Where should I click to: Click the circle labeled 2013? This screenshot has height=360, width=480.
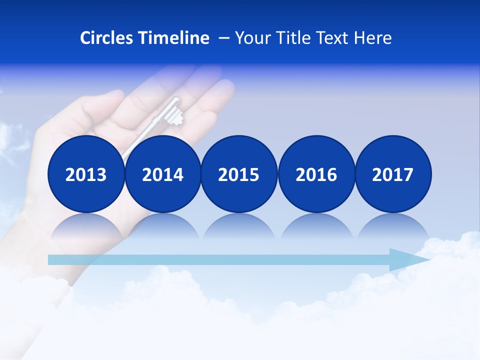click(86, 174)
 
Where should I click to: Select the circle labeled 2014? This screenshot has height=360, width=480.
click(163, 174)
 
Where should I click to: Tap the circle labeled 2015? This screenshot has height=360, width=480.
click(239, 174)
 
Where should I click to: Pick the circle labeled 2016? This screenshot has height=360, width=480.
click(316, 174)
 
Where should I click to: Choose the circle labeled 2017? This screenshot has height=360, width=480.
click(393, 174)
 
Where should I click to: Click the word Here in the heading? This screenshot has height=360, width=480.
click(373, 38)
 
